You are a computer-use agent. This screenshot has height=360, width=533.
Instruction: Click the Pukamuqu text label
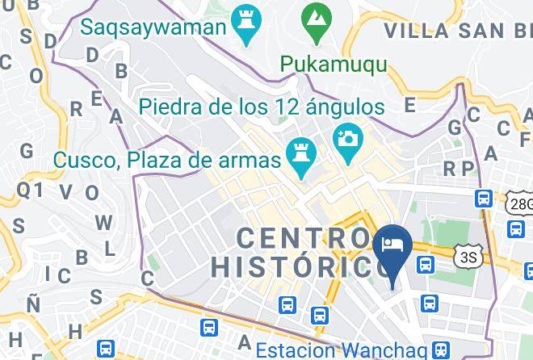[x=334, y=64]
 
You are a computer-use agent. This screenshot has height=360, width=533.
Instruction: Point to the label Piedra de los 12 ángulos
[x=261, y=106]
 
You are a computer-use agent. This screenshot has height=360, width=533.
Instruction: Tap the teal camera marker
[x=348, y=139]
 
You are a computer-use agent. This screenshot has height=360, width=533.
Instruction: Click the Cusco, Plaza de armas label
[x=167, y=159]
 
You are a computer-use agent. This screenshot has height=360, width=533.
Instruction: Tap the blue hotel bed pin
[x=393, y=246]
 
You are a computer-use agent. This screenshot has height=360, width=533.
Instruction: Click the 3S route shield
[x=468, y=257]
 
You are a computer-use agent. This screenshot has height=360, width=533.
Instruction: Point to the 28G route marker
[x=520, y=203]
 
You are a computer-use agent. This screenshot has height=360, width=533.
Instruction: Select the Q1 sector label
[x=29, y=189]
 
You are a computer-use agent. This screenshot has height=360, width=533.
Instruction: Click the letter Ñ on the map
[x=32, y=304]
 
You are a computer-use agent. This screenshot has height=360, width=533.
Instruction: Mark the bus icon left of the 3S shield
[x=425, y=263]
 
